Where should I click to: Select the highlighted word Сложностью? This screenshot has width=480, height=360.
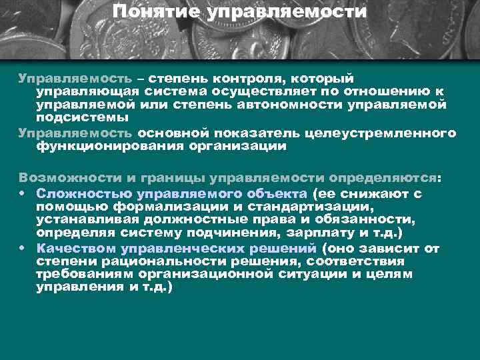coord(84,193)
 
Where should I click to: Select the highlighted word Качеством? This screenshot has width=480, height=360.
coord(77,249)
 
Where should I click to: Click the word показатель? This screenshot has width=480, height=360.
coord(241,133)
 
